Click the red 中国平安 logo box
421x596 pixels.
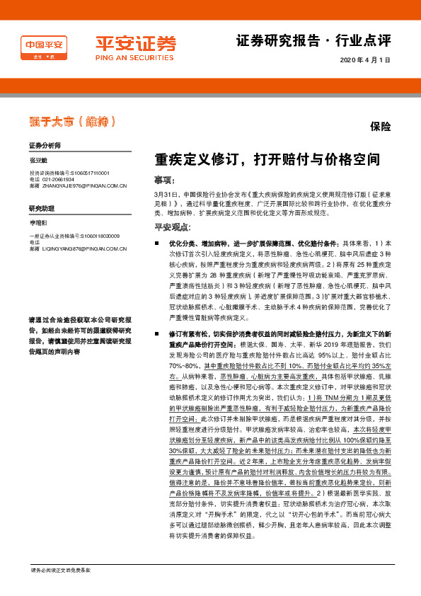[x=45, y=48]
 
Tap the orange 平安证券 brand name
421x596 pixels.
[x=135, y=42]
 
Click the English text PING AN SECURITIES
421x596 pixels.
[x=134, y=57]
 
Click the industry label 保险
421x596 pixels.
[x=381, y=128]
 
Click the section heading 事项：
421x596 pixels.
[x=164, y=180]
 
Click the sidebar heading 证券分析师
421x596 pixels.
[x=45, y=144]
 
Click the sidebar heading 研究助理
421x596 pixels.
[x=41, y=209]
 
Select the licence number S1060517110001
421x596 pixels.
[x=88, y=173]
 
